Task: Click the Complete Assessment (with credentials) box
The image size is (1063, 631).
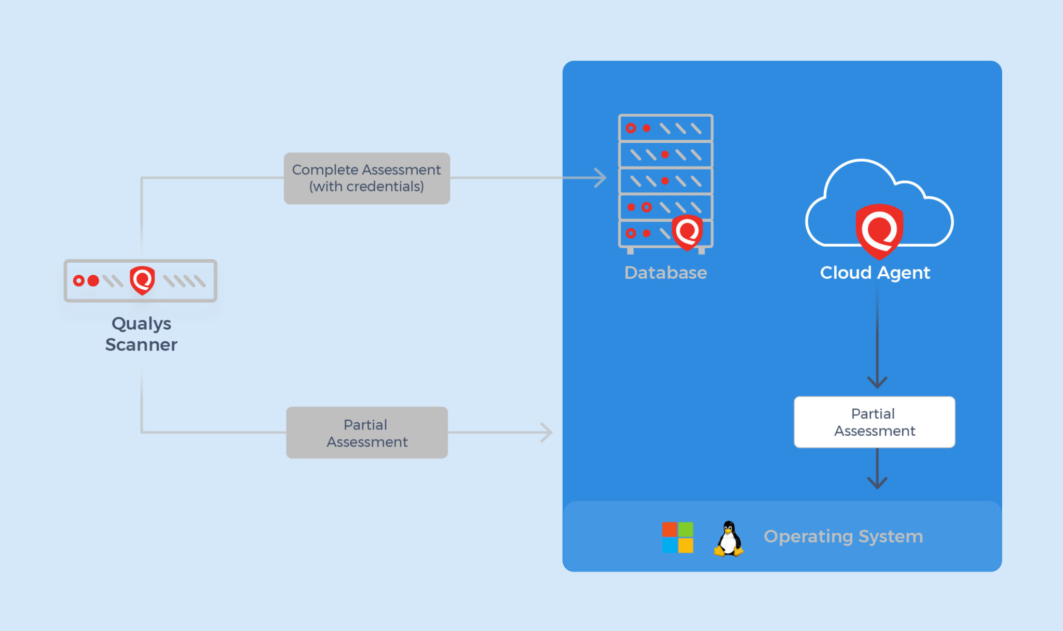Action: [x=366, y=178]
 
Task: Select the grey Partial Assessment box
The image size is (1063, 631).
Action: [x=366, y=433]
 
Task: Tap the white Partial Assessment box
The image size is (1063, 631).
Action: [x=874, y=422]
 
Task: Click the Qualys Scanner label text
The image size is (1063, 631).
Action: [x=141, y=334]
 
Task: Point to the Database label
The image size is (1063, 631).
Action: [x=665, y=273]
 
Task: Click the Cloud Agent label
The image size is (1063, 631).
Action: [x=875, y=273]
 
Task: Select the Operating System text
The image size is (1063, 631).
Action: [x=843, y=536]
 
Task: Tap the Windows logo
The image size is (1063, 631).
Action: [x=677, y=538]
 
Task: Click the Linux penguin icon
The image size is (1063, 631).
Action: [x=729, y=539]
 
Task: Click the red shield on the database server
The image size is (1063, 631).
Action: [x=687, y=232]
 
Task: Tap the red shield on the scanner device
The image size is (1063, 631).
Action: [x=142, y=280]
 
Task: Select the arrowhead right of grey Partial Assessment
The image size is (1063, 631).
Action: [x=547, y=432]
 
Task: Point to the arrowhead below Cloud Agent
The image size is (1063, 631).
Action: [x=877, y=382]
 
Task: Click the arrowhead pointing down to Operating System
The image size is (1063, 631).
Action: [x=877, y=483]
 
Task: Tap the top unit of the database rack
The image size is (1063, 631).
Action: [x=665, y=128]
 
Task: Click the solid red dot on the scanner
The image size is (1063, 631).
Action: [x=93, y=281]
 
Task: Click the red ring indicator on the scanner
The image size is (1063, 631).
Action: [x=78, y=281]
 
